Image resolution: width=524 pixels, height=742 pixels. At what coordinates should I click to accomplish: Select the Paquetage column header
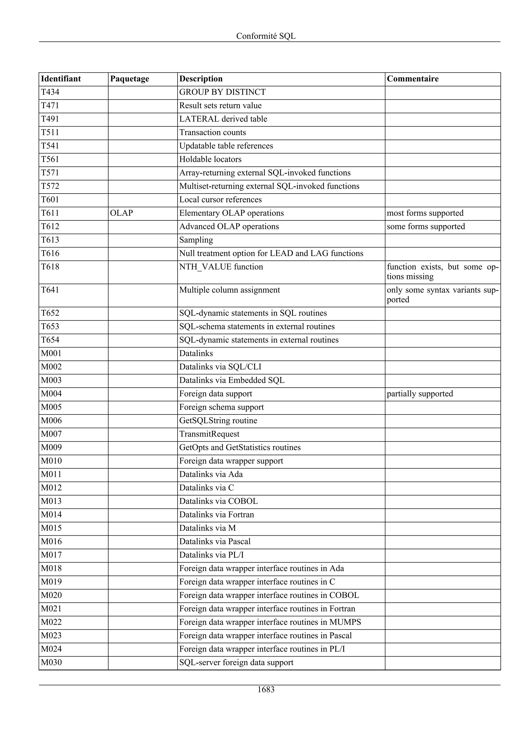click(129, 79)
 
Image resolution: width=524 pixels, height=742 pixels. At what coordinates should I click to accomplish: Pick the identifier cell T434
click(50, 92)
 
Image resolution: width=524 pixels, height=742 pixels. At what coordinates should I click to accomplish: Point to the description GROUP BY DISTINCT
click(222, 92)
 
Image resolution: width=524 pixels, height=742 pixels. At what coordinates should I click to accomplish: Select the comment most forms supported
click(425, 213)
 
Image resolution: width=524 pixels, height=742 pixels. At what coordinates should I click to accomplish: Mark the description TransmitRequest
click(209, 434)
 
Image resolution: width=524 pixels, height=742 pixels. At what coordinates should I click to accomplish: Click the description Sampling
click(196, 240)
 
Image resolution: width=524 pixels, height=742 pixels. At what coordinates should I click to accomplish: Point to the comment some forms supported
click(425, 227)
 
